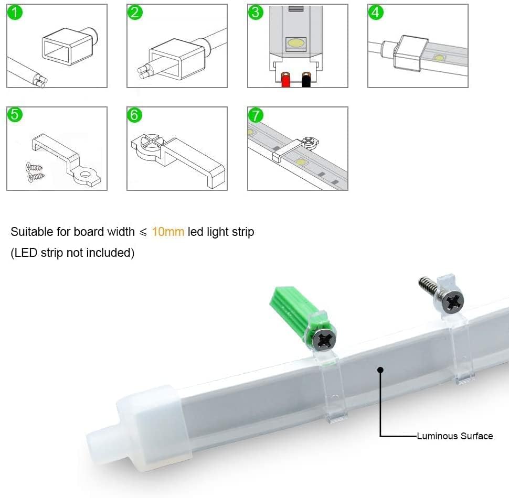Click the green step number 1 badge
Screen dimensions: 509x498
[15, 13]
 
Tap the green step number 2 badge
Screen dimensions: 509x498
[135, 13]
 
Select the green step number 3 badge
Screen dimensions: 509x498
[256, 13]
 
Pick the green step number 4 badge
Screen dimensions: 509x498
[376, 13]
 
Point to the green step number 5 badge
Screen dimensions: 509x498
[15, 115]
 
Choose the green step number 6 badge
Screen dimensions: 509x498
[135, 115]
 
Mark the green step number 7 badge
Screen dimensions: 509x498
[256, 115]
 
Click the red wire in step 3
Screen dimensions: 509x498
[285, 80]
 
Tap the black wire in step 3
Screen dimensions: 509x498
[306, 80]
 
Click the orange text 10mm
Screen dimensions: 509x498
[168, 232]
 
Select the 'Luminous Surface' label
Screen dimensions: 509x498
[455, 436]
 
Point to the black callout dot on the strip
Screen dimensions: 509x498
[381, 370]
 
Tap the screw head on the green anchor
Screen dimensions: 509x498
[324, 340]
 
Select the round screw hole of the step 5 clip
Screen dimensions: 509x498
[86, 175]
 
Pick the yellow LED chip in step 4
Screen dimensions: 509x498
[439, 58]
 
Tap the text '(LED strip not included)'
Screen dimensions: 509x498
[72, 253]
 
